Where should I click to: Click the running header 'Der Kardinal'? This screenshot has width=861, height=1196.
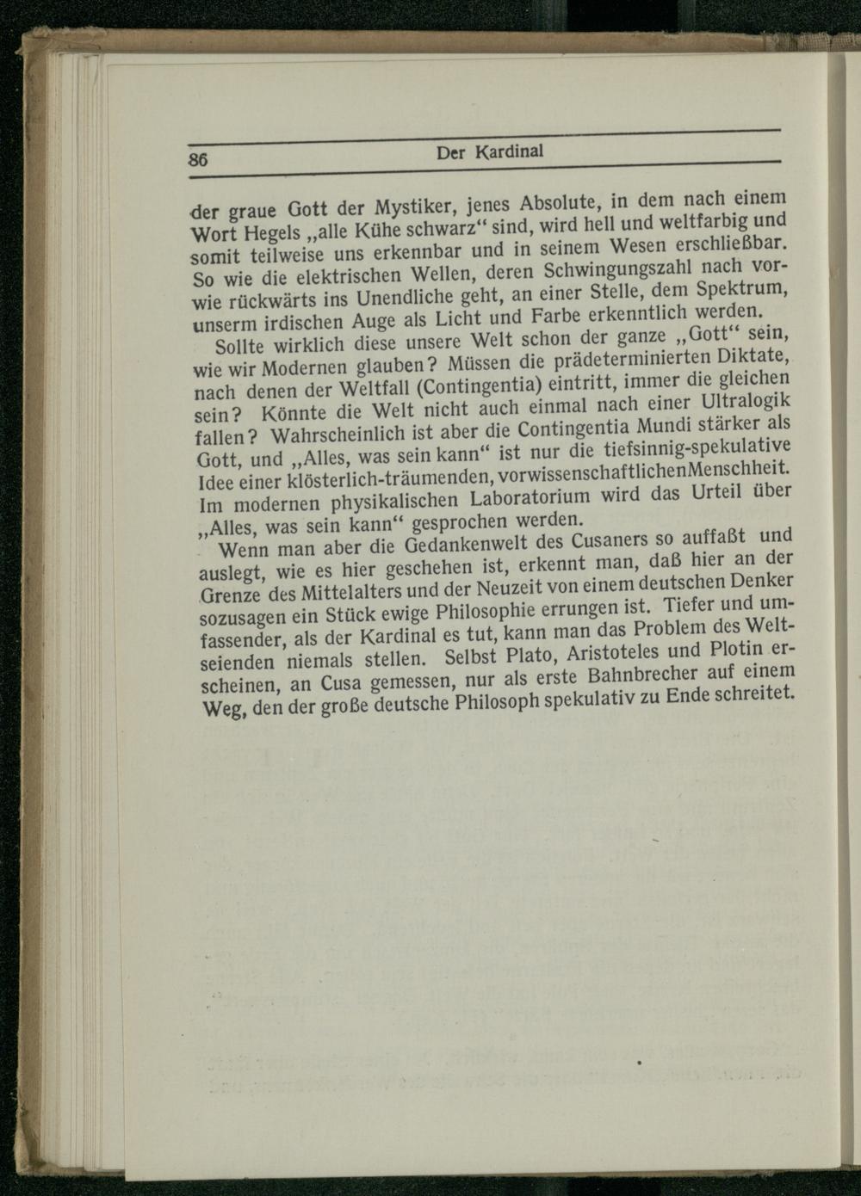point(490,153)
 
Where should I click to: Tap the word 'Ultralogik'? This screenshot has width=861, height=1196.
point(746,402)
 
